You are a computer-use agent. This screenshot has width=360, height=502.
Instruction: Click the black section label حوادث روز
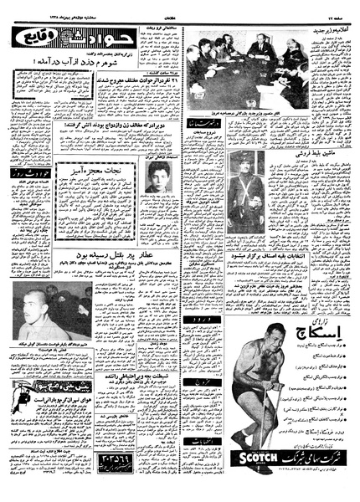tap(36, 175)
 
